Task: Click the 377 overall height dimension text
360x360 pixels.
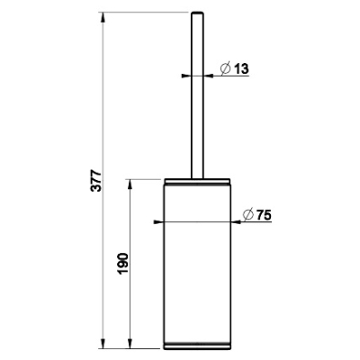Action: coord(97,181)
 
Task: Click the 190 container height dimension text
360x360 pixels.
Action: coord(123,264)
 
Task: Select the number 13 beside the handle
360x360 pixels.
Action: coord(241,69)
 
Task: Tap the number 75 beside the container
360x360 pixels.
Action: coord(264,215)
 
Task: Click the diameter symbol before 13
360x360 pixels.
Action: coord(226,68)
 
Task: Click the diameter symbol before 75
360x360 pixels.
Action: coord(248,214)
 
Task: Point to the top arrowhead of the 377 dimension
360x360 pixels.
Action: coord(103,17)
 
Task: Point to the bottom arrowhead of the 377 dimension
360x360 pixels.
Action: coord(103,344)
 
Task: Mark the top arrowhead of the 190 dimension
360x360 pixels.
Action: coord(130,184)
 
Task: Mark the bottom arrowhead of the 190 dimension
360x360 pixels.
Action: coord(130,344)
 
